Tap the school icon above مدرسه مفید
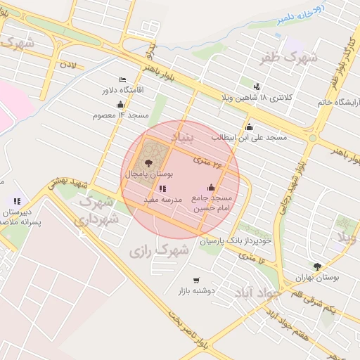tap(163, 188)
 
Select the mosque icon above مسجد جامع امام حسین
tap(212, 187)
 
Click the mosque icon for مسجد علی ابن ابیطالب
tap(249, 127)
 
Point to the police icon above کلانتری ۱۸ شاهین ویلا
tap(257, 86)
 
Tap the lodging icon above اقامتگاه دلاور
tap(123, 79)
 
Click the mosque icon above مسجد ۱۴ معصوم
tap(120, 104)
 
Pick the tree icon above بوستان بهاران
tap(317, 266)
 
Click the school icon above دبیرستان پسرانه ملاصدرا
tap(17, 202)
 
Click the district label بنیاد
tap(185, 138)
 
